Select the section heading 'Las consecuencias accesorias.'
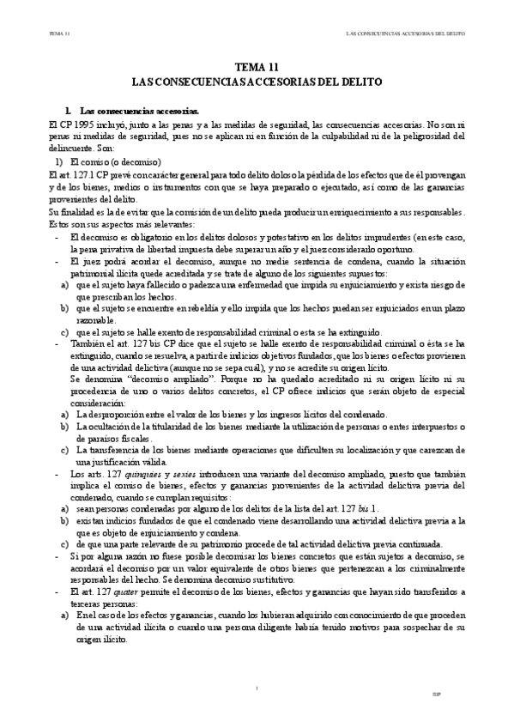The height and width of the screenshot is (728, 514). point(138,112)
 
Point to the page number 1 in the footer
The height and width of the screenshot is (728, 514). point(257,687)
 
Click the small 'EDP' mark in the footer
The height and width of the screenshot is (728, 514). point(461,693)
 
